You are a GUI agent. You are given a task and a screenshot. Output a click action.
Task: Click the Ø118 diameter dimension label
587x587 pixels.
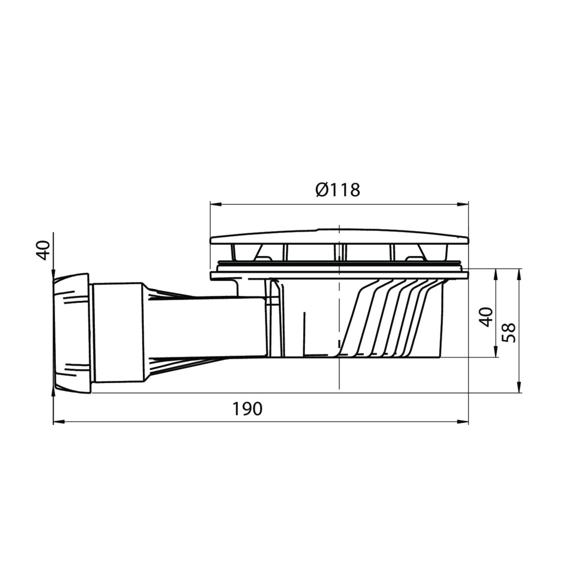point(338,190)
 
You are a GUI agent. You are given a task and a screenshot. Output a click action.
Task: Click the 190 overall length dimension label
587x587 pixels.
point(247,409)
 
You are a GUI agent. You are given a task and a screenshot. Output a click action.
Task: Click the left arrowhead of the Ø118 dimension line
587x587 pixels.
point(215,204)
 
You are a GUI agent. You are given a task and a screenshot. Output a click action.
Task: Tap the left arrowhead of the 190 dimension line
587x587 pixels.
point(59,422)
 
